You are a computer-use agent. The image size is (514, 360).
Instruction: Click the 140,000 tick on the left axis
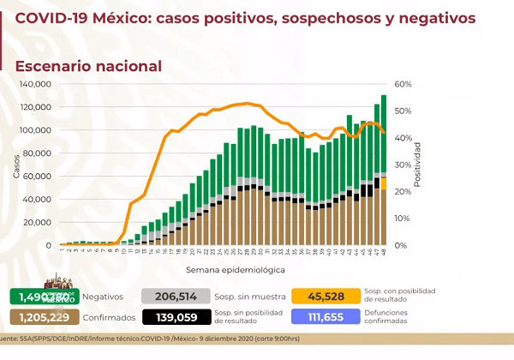coord(37,84)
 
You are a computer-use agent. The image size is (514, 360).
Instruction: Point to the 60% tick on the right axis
coord(404,84)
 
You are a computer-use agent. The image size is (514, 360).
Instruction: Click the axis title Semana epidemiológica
coord(223,269)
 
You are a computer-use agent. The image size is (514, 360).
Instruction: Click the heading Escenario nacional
coord(88,65)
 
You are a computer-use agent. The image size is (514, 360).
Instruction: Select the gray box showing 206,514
coord(177,296)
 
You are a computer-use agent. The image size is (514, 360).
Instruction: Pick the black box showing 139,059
coord(177,316)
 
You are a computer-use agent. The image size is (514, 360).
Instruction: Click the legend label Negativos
coord(103,297)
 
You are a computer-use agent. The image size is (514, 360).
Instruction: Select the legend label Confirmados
coord(110,317)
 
